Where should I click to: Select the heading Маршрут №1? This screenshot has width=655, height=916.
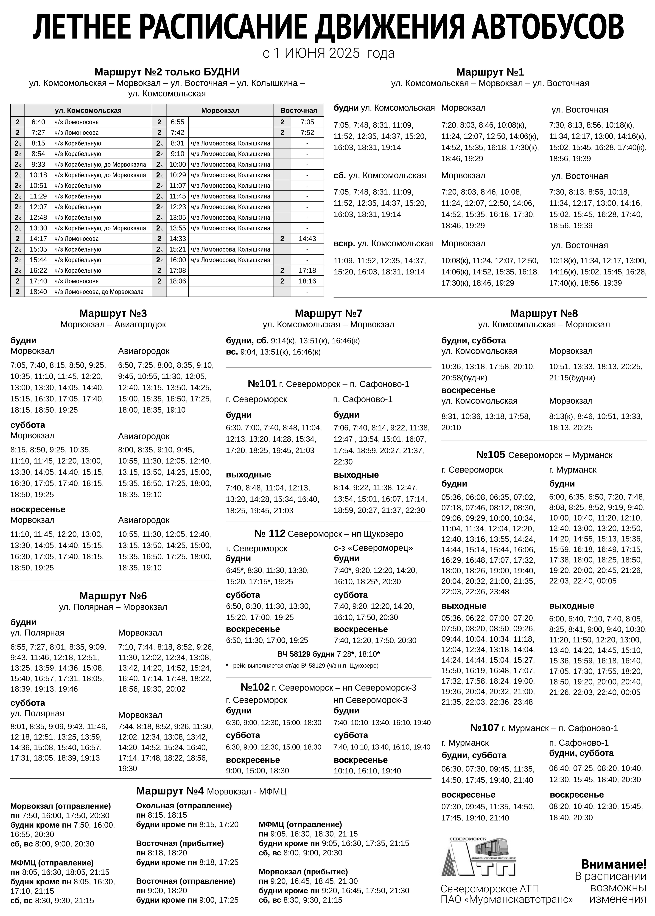(490, 72)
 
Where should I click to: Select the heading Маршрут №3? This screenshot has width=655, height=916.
(113, 313)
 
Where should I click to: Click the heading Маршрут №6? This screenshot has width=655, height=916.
(113, 596)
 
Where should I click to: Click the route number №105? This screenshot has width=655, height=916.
(490, 455)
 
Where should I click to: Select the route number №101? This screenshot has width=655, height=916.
(262, 384)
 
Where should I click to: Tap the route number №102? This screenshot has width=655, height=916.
(255, 687)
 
